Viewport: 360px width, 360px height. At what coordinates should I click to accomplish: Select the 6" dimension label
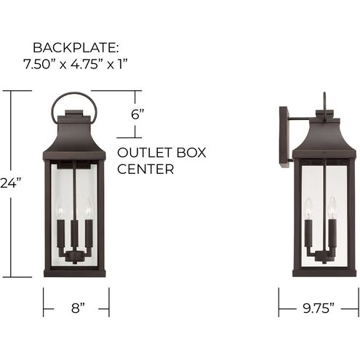pos(137,114)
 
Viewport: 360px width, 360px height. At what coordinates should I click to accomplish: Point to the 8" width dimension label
pos(76,307)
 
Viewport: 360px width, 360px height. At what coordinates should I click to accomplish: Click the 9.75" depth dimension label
pos(319,307)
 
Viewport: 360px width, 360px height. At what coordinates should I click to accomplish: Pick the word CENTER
pos(145,169)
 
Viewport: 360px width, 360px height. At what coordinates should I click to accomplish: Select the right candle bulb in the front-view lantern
pos(89,208)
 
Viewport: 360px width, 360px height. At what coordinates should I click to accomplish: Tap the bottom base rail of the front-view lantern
pos(76,273)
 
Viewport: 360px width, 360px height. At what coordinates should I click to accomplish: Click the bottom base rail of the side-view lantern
pos(324,273)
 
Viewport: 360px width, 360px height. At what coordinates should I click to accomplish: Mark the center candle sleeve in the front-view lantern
pos(76,233)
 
